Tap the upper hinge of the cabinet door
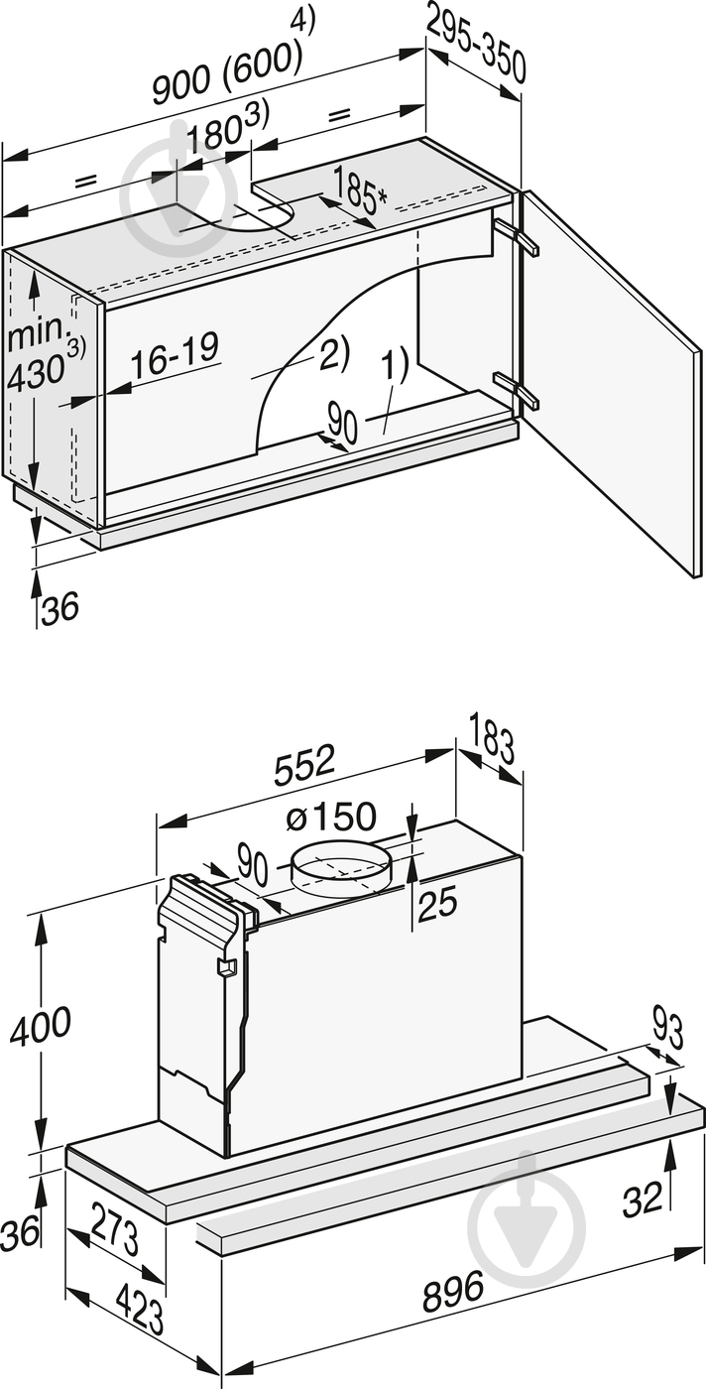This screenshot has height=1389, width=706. (516, 236)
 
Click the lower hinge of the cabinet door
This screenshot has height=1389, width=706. (516, 389)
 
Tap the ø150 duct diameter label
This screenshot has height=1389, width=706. (330, 818)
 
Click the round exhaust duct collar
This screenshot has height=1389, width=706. (340, 865)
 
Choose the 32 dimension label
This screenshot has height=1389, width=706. (642, 1200)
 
